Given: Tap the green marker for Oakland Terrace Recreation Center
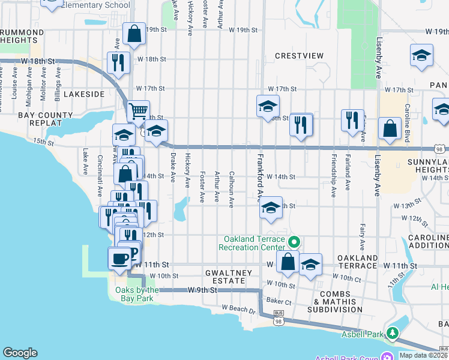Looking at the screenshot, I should (294, 242).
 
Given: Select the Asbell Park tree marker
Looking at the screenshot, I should (393, 332).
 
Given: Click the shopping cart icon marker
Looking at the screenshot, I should (138, 110).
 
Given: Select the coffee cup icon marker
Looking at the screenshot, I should (119, 258).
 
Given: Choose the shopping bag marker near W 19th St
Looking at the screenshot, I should (134, 34).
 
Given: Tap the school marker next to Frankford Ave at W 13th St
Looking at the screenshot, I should (271, 208).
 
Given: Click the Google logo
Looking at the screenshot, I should (19, 353).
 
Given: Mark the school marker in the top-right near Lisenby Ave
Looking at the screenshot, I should (421, 56).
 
